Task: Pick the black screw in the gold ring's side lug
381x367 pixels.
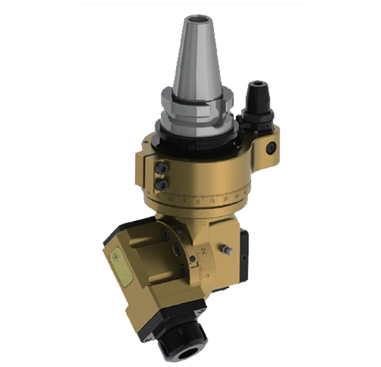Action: pos(269,147)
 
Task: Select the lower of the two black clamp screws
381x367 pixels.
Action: pos(162,183)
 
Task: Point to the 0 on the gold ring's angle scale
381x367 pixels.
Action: pos(198,202)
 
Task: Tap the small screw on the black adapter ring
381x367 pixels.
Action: pos(192,147)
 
